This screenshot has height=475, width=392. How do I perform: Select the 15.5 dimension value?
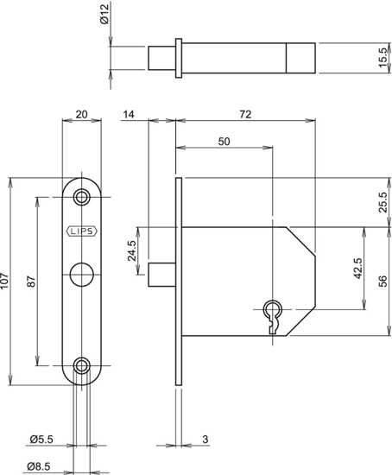(383, 58)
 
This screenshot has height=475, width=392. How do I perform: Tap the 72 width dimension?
(245, 114)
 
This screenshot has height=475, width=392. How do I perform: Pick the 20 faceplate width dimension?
(83, 114)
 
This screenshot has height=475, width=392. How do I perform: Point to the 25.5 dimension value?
(383, 202)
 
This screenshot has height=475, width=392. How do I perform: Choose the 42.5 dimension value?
(357, 267)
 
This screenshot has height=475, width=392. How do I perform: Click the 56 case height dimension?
(383, 282)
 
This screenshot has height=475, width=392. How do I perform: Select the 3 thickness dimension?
(205, 440)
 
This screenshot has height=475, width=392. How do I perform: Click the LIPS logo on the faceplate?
(83, 231)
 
